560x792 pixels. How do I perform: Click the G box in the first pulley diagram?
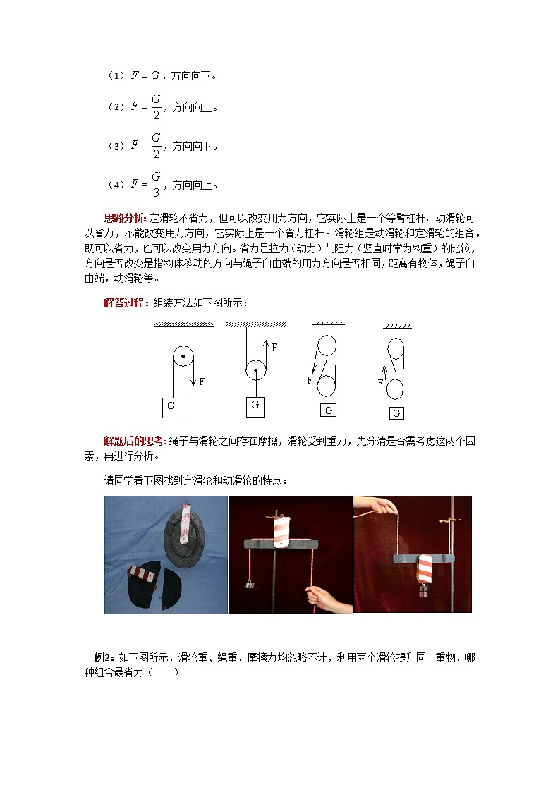171,406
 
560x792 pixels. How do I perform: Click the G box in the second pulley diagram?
255,406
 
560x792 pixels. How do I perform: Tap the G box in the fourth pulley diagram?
397,413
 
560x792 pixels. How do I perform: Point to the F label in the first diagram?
202,382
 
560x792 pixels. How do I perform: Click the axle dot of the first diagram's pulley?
183,357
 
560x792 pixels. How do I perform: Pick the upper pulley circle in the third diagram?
327,346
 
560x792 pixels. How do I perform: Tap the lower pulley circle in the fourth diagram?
395,389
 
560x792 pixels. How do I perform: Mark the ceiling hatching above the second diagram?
256,324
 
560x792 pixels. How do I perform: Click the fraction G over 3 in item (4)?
156,183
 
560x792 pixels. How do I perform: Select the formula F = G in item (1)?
145,75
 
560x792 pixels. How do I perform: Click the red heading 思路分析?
126,218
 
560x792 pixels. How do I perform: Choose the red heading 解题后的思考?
135,441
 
